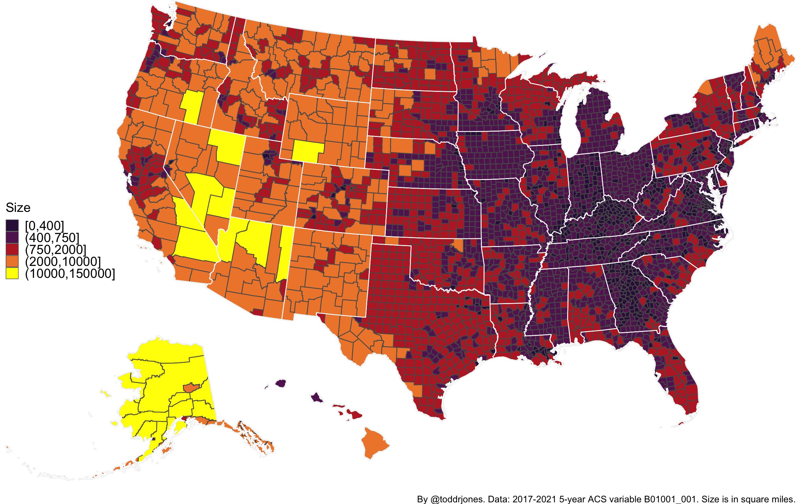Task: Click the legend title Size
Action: (18, 208)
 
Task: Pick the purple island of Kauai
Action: (281, 383)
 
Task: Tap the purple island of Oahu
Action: (317, 398)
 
